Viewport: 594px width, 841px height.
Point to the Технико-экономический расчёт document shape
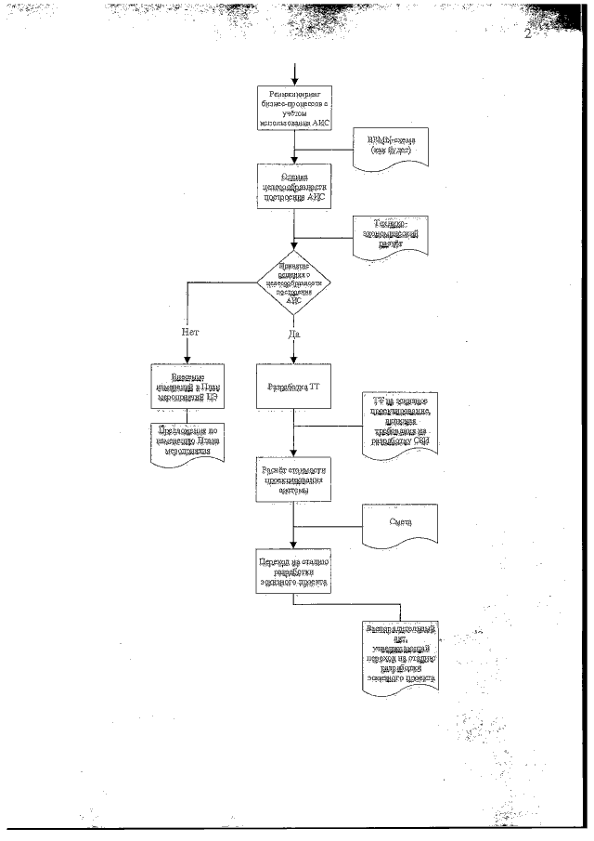tap(390, 234)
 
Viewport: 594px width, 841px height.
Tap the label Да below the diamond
tap(294, 332)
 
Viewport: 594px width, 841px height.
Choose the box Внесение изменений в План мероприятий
tap(187, 385)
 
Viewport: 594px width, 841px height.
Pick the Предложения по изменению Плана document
tap(187, 437)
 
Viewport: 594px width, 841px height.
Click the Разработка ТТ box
tap(294, 385)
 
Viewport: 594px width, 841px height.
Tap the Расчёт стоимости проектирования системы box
tap(294, 479)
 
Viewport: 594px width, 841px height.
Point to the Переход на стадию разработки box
tap(294, 571)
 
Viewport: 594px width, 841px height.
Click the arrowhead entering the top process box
tap(294, 80)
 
